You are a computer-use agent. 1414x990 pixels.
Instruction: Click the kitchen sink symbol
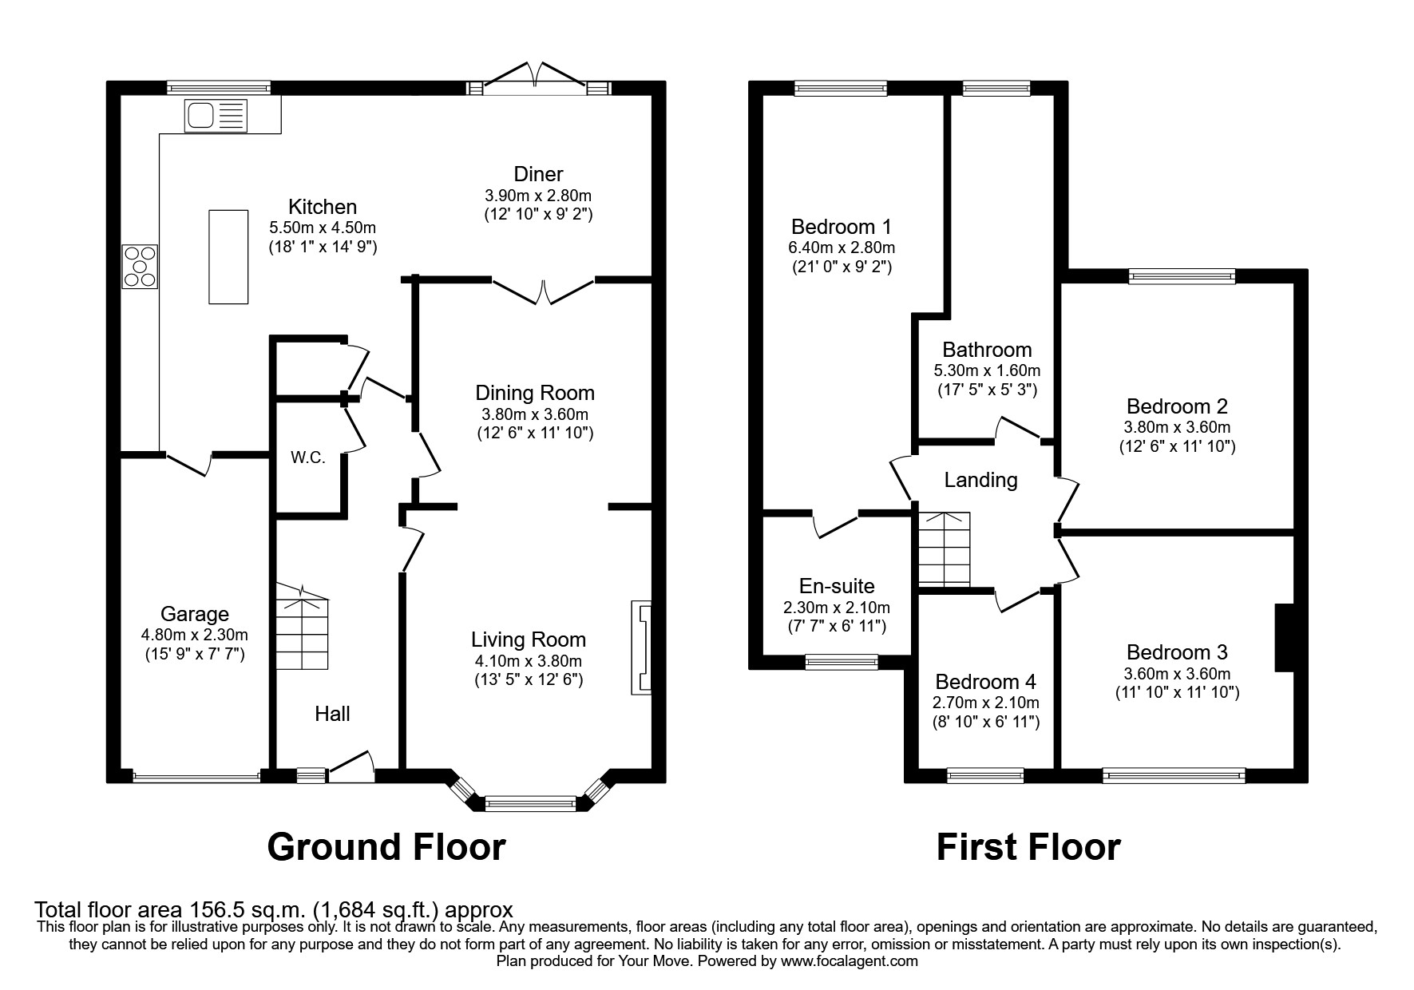[x=216, y=116]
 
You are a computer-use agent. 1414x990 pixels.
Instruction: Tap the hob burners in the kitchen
[x=140, y=267]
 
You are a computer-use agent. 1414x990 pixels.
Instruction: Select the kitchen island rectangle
[x=228, y=256]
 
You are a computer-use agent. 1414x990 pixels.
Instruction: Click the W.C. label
[x=307, y=458]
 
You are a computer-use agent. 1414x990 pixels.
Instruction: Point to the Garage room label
[x=194, y=614]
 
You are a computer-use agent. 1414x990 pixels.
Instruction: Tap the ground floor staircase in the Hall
[x=303, y=631]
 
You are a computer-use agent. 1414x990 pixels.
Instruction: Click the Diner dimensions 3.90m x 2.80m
[x=537, y=196]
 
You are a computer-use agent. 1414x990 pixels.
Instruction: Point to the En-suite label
[x=836, y=587]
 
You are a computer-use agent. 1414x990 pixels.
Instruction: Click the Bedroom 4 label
[x=985, y=682]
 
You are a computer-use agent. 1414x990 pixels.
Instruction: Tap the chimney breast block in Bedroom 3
[x=1284, y=638]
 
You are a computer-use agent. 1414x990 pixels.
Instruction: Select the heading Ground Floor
[x=386, y=846]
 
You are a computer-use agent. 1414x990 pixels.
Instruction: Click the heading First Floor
[x=1028, y=846]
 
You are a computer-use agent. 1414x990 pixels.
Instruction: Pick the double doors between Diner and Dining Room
[x=543, y=292]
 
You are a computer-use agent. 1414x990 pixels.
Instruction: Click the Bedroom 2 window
[x=1182, y=277]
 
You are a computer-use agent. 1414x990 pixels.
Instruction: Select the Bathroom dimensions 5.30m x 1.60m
[x=987, y=370]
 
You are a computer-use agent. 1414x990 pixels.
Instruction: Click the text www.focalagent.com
[x=849, y=961]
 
